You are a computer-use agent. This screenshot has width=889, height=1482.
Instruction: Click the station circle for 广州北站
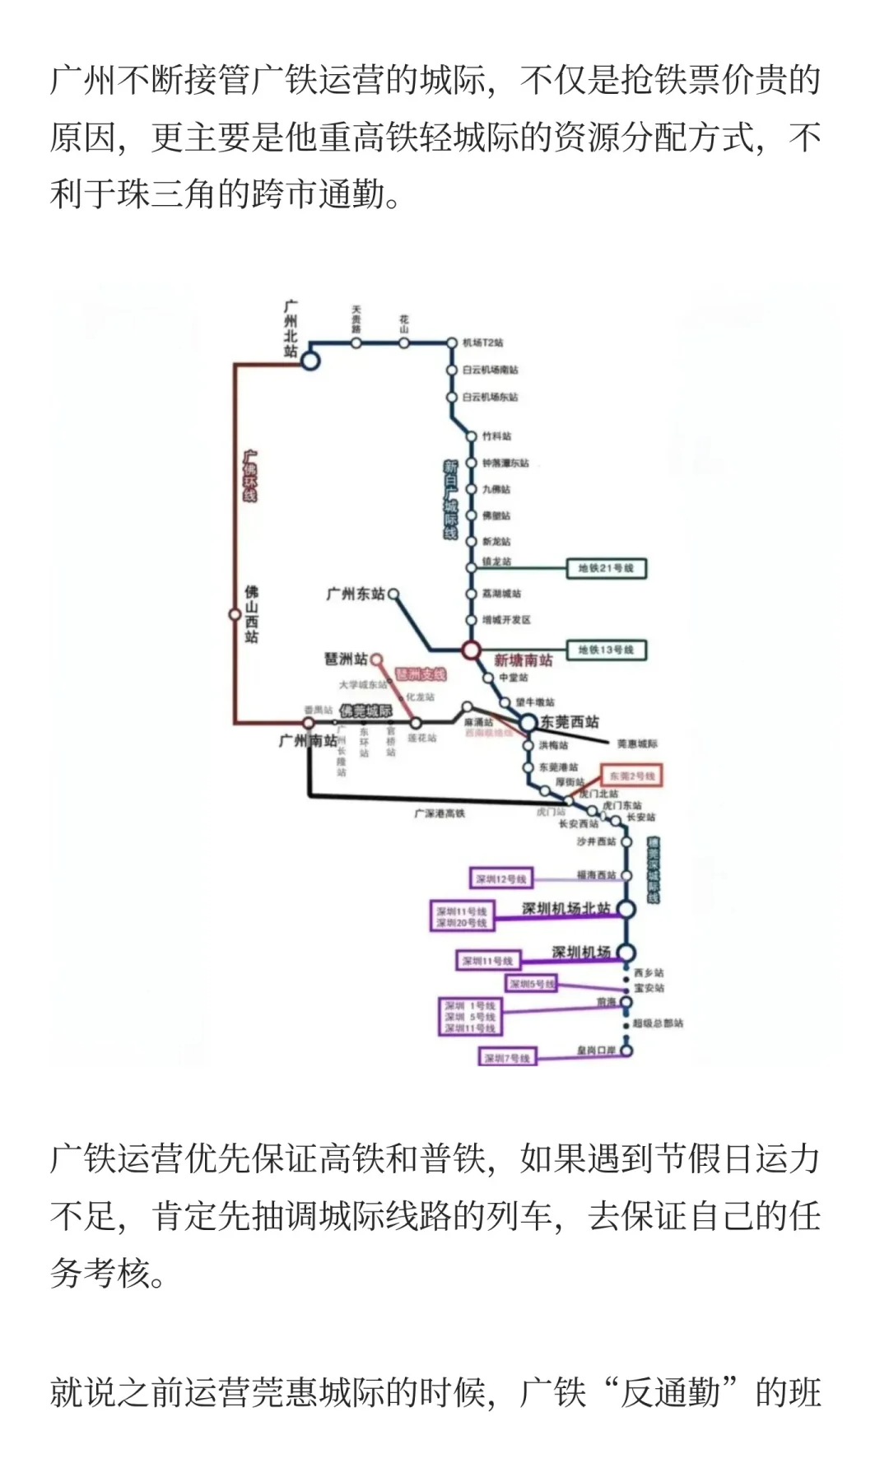pos(310,360)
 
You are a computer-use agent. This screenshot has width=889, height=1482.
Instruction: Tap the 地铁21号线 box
pos(606,568)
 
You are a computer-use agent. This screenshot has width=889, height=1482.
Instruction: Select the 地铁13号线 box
pos(606,650)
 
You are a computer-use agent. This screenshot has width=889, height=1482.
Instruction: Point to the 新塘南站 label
pos(523,660)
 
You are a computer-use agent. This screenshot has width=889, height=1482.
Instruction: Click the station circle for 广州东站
pos(393,593)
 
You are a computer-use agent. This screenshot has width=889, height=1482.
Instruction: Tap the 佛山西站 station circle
pos(235,614)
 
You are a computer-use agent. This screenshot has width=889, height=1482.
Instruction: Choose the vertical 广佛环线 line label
pos(250,476)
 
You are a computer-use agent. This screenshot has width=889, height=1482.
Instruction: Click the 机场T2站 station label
pos(482,343)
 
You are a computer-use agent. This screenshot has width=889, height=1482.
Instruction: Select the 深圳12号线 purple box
pos(500,878)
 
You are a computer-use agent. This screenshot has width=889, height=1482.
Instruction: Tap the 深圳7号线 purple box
pos(507,1058)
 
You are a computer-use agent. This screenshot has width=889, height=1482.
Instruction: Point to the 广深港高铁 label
pos(440,813)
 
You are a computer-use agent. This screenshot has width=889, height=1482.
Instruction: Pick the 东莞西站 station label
pos(570,722)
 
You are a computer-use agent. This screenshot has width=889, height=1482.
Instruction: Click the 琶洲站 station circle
pos(376,659)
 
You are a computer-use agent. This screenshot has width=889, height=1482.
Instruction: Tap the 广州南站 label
pos(307,741)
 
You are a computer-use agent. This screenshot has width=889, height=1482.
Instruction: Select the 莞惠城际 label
pos(637,743)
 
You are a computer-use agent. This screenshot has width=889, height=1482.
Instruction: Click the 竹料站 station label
pos(496,436)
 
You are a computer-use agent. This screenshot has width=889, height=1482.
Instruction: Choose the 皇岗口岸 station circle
pos(626,1051)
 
